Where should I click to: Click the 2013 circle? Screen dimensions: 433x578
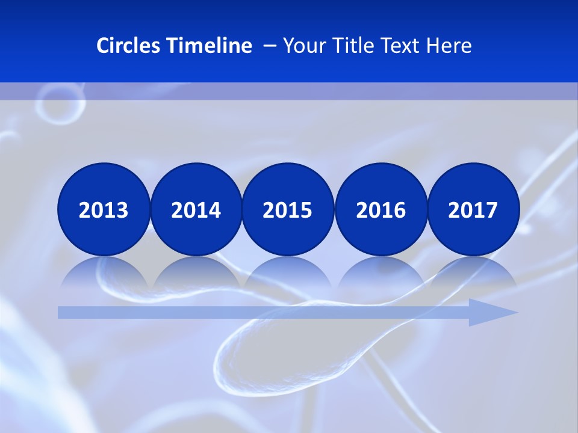(x=104, y=209)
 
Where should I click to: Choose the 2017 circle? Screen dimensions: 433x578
(x=473, y=209)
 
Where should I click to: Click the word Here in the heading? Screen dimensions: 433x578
(x=449, y=46)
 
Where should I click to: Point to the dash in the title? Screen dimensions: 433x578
(x=270, y=46)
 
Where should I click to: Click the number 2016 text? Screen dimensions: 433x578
(x=381, y=210)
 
